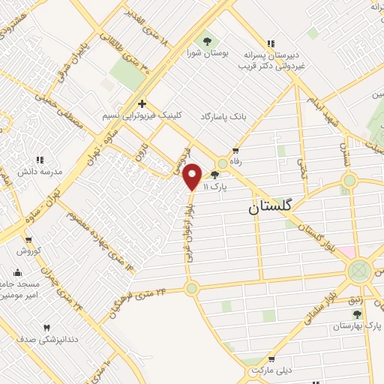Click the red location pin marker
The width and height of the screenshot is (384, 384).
click(x=193, y=176)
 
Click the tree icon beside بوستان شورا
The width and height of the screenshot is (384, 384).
click(x=208, y=40)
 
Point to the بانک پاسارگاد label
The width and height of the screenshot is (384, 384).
click(x=223, y=118)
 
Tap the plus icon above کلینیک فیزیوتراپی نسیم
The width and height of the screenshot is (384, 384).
click(x=141, y=103)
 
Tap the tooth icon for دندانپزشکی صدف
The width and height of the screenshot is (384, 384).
click(x=46, y=328)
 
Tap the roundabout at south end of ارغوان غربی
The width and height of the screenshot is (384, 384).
click(x=191, y=288)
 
